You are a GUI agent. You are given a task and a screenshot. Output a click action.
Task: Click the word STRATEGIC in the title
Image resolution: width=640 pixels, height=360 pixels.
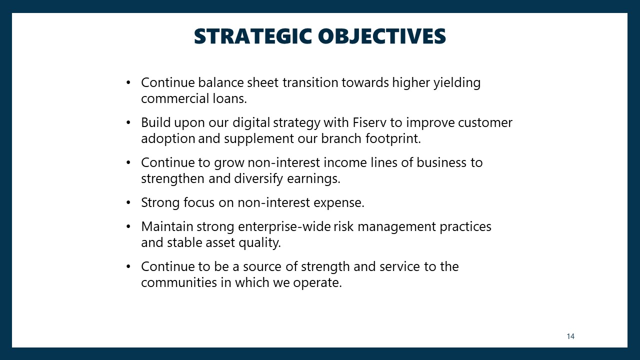tap(253, 36)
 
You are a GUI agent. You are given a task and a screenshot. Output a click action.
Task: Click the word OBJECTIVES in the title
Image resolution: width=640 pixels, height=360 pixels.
tap(382, 36)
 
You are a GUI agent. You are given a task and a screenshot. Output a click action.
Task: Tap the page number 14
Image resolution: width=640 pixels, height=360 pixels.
tap(570, 336)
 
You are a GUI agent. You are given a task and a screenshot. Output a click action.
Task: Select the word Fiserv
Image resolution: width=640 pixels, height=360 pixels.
tap(369, 122)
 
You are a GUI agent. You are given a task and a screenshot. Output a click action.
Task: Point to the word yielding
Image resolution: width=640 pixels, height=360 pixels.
tap(457, 83)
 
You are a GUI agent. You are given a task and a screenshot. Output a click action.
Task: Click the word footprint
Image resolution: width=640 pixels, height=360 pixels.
tap(393, 139)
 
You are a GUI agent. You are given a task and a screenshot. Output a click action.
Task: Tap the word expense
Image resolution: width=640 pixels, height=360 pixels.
tap(339, 203)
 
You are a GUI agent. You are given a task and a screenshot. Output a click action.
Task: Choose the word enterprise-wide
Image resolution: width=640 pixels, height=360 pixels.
tap(284, 227)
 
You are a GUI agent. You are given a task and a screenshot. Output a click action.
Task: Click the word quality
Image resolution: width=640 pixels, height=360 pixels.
tap(259, 243)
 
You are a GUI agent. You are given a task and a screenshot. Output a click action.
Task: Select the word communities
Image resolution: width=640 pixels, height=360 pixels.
tap(179, 283)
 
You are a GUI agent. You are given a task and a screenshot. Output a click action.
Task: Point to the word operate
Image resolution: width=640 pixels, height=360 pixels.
tap(317, 283)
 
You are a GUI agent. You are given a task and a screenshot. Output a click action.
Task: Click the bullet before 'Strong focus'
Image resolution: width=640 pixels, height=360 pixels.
tap(128, 202)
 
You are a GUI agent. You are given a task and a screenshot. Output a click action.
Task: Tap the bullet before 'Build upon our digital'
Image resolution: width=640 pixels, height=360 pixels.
tap(128, 122)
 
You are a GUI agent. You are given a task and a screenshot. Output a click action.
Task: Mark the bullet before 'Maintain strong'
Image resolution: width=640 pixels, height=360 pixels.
tap(128, 226)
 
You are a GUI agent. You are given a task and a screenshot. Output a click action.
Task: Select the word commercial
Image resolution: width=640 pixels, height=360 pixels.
tap(175, 99)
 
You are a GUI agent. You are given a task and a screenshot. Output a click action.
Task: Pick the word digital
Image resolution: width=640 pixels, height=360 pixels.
tap(251, 123)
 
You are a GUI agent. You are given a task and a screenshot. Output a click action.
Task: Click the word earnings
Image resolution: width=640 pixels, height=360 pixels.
tap(313, 179)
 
